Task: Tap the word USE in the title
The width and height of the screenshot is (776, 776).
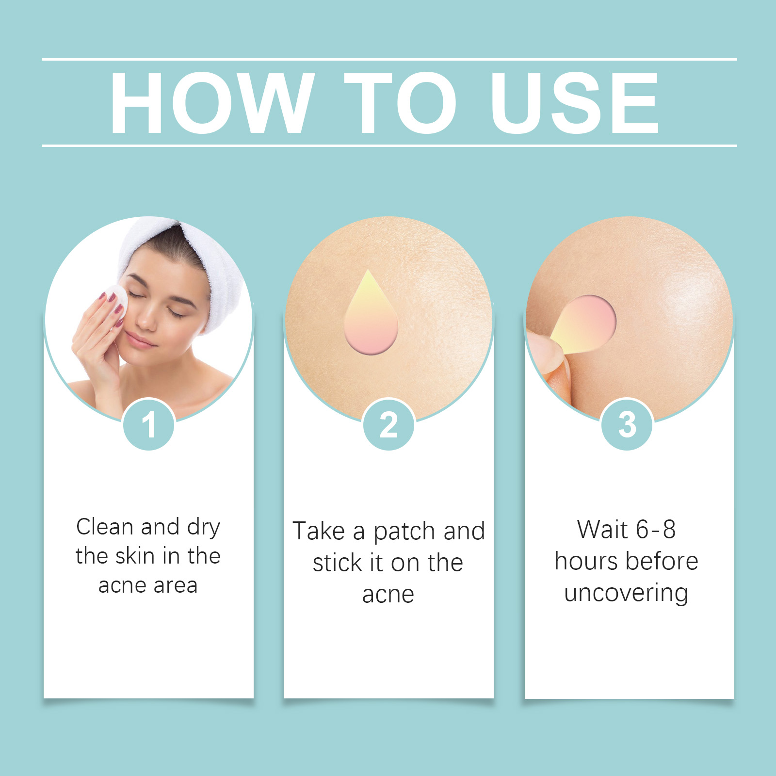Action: [575, 102]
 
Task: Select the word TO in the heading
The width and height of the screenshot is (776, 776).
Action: [400, 102]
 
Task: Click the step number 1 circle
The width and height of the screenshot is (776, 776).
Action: [149, 424]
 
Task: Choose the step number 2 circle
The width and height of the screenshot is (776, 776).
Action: [388, 424]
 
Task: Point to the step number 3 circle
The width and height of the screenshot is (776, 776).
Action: [627, 424]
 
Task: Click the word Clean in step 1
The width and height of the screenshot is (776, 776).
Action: [105, 527]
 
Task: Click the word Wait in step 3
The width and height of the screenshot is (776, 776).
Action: [603, 529]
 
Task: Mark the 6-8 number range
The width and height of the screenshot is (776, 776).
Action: [656, 529]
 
